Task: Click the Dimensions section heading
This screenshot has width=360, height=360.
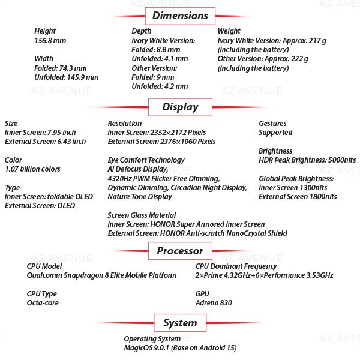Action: [180, 15]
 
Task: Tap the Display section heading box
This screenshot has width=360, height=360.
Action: [180, 107]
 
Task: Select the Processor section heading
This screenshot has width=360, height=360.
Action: [180, 251]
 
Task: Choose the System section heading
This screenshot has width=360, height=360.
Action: [180, 323]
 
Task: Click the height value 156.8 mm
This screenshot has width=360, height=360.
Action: [50, 41]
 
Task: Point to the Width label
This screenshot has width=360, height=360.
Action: [44, 59]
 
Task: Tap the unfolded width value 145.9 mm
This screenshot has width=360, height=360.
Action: [67, 77]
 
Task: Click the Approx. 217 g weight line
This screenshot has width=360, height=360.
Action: [273, 40]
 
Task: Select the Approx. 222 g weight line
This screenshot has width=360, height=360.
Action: [263, 59]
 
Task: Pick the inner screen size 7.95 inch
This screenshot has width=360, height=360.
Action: [40, 133]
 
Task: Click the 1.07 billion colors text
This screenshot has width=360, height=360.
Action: [32, 169]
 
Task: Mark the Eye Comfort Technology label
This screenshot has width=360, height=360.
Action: [146, 160]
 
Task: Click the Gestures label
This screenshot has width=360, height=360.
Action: [272, 124]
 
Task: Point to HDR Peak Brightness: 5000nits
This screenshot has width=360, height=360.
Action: [307, 160]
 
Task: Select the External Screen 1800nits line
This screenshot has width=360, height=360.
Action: [298, 197]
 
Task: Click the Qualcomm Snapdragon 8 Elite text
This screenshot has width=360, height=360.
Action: [102, 275]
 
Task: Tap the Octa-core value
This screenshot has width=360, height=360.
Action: [43, 303]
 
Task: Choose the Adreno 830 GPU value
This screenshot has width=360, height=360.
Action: [214, 303]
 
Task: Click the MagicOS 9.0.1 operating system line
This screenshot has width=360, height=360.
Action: [180, 348]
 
